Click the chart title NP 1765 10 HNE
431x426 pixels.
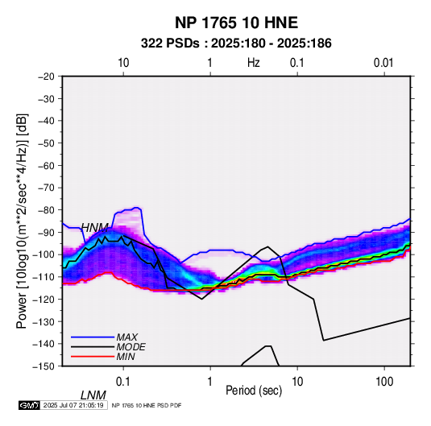click(236, 23)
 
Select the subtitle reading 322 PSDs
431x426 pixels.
click(170, 43)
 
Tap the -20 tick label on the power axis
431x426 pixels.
click(46, 77)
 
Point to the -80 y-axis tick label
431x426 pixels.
click(46, 210)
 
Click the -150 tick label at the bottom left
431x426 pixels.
click(44, 366)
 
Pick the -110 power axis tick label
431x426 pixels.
click(44, 277)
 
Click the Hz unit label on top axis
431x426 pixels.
click(254, 63)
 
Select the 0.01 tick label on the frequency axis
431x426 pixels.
click(383, 63)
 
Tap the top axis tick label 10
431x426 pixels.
click(123, 63)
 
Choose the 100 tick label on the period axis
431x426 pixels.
click(384, 382)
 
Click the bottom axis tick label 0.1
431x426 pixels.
click(123, 382)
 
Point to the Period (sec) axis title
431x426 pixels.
click(254, 391)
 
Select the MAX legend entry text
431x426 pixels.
click(127, 337)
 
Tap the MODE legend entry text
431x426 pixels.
click(131, 347)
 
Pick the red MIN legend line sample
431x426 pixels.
click(93, 357)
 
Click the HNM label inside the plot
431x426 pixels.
click(95, 228)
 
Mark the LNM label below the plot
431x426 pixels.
click(93, 395)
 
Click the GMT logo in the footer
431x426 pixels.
click(29, 405)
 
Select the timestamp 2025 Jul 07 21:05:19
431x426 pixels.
click(73, 405)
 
